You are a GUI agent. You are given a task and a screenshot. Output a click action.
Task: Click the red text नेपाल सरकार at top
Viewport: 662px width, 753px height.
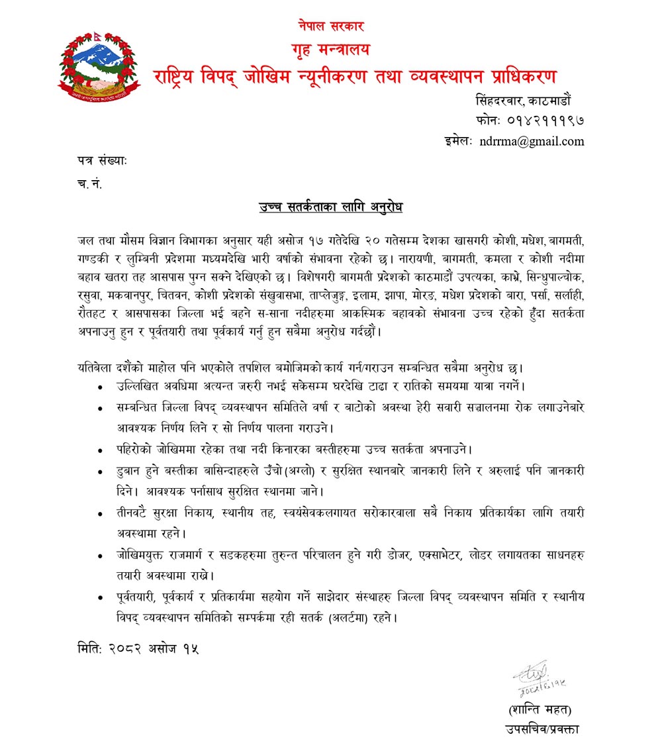(x=330, y=27)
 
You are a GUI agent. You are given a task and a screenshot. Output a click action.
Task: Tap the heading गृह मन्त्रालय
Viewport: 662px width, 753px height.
(x=330, y=49)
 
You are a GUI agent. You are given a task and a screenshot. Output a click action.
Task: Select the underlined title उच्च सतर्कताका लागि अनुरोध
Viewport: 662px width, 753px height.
(x=330, y=207)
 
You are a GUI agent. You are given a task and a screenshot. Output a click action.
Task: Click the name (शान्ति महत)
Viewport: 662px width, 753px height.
(x=538, y=709)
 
